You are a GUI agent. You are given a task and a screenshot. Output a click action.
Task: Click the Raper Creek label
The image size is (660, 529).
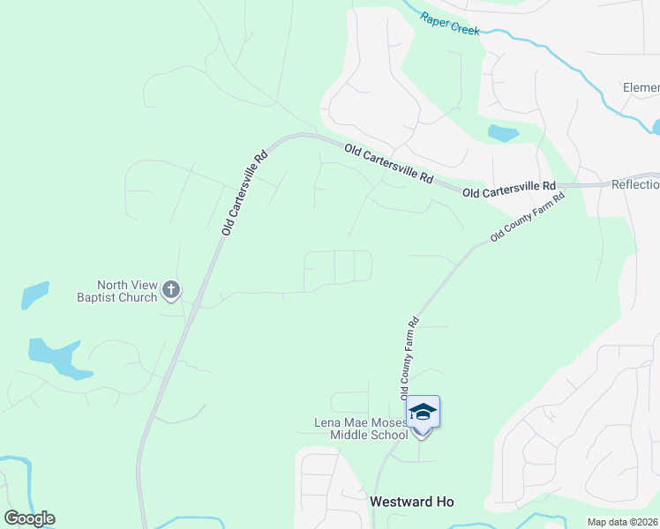(x=449, y=24)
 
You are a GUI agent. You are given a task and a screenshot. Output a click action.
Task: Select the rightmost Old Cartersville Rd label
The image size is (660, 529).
(x=509, y=188)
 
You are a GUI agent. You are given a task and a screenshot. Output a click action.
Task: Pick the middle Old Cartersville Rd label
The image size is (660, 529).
(x=388, y=164)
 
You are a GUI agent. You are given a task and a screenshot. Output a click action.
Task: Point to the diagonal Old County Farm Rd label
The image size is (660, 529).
(x=527, y=218)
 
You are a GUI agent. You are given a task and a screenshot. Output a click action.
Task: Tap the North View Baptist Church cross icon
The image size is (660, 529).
(x=171, y=287)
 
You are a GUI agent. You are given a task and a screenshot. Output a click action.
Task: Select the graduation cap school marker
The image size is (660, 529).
(x=423, y=413)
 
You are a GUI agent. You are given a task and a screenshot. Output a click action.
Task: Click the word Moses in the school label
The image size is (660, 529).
(x=387, y=423)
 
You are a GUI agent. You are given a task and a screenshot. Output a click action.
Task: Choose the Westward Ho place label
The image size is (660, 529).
(x=411, y=501)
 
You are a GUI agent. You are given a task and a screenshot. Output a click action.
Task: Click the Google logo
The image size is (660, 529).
(x=29, y=518)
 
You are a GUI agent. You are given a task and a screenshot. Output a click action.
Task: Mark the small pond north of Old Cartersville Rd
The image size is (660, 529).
(x=503, y=134)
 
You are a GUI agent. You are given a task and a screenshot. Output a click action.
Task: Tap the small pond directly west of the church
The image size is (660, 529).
(x=34, y=294)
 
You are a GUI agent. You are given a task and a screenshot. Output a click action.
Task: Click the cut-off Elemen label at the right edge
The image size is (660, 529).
(x=641, y=88)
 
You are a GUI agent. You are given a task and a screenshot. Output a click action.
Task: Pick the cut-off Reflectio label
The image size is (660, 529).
(x=635, y=185)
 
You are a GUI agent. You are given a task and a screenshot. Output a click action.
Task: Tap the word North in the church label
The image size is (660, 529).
(x=115, y=285)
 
